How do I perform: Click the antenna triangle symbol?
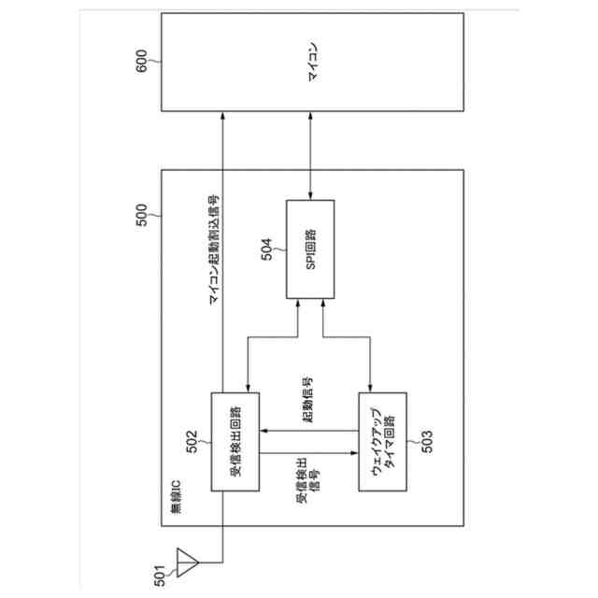pyautogui.click(x=190, y=562)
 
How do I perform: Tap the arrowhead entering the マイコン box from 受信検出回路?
pyautogui.click(x=222, y=115)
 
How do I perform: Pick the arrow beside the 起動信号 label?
pyautogui.click(x=308, y=430)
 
